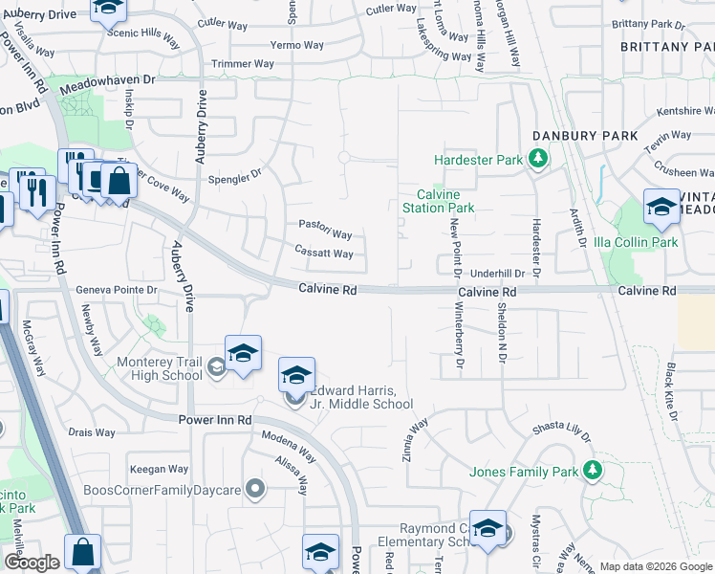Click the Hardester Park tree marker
pos(539,159)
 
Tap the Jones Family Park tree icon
pos(594,471)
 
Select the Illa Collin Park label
pos(636,242)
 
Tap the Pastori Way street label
pos(325,234)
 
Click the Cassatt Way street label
pos(324,254)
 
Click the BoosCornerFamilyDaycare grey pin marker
pos(254,490)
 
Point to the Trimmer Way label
pos(243,64)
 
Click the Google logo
pos(32,563)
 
